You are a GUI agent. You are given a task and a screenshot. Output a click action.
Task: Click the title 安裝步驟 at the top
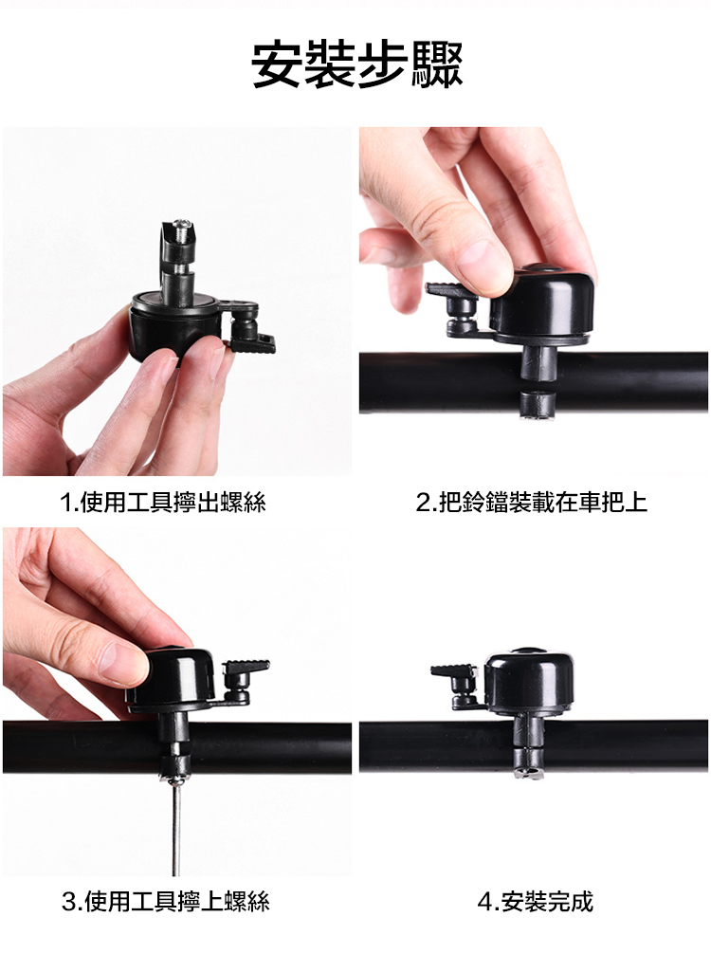357,64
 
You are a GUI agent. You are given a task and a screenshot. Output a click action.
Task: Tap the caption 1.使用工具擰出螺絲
162,503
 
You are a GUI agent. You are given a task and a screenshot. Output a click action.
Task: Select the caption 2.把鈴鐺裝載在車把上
532,503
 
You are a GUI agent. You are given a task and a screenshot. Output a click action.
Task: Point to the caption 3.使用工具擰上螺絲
166,901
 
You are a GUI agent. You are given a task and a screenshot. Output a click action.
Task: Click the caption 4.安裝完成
536,901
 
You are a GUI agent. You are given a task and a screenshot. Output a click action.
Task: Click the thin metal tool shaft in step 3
177,829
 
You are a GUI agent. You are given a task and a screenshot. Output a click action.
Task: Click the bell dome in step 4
529,678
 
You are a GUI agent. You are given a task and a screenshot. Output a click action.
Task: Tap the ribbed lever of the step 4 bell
453,672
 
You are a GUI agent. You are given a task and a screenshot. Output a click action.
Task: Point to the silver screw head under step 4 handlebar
525,773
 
